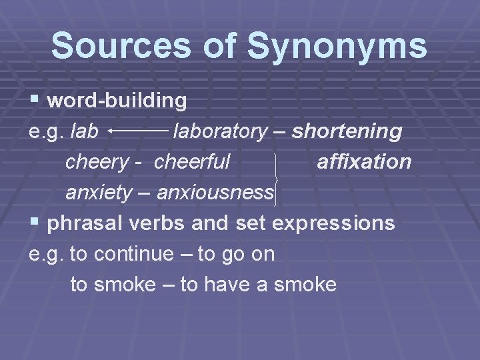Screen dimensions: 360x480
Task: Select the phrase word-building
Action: (117, 101)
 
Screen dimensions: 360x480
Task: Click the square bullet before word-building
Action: (35, 101)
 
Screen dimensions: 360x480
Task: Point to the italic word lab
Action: (85, 131)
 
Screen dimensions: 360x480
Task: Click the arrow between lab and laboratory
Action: (137, 132)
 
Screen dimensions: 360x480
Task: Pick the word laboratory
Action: (219, 131)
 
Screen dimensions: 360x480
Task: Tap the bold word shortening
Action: (347, 131)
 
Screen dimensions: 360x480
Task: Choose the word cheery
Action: (97, 162)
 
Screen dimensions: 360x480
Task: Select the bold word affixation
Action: (364, 161)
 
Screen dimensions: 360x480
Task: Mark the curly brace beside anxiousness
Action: (276, 177)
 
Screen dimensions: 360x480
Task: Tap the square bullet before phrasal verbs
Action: (35, 223)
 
